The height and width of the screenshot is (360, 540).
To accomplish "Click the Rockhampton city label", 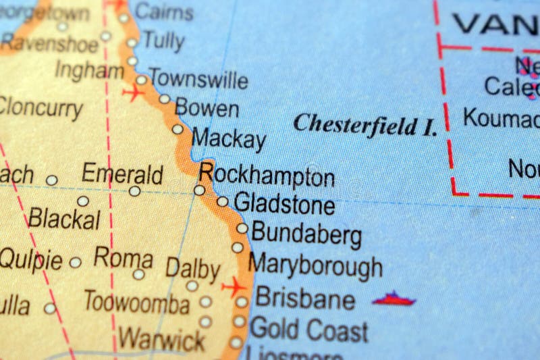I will tap(267, 175).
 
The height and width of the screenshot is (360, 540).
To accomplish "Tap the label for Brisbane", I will tap(305, 298).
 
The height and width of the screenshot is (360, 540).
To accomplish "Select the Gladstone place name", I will tap(284, 203).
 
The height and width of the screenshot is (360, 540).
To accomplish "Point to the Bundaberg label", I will tap(306, 234).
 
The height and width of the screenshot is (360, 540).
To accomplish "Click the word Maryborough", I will tap(315, 266).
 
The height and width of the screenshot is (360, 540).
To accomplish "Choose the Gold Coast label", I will tap(309, 330).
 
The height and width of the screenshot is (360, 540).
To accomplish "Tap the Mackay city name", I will tap(229, 139).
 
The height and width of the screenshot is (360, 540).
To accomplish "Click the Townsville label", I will tap(198, 79).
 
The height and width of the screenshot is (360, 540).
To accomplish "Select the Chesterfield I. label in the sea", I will tap(365, 124).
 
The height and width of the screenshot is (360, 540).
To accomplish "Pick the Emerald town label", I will tap(122, 174).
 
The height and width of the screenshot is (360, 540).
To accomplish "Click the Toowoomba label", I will tap(136, 303).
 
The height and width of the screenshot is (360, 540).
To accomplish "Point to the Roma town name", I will tap(123, 257).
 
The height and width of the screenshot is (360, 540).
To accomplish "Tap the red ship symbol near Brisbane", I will tap(394, 299).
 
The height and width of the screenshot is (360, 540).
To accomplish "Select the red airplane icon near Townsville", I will tap(133, 93).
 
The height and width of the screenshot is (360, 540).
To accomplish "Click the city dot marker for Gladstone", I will tap(222, 201).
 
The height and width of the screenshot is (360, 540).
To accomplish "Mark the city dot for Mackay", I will tap(178, 129).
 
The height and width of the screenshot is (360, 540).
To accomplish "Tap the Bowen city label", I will tap(207, 108).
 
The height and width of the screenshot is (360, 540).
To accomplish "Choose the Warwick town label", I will tap(161, 338).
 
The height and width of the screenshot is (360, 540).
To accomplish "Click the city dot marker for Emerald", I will tap(135, 191).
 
